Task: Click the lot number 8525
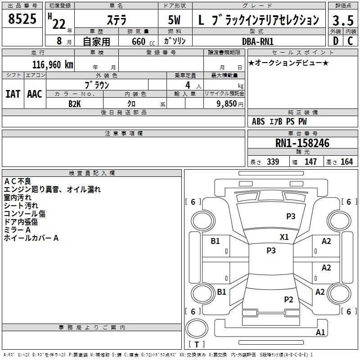22,19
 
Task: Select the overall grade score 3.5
342,20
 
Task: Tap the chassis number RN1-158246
302,144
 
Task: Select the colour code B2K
74,103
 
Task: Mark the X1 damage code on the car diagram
284,237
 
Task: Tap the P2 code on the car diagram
288,299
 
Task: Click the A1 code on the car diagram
320,333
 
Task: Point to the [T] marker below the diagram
197,344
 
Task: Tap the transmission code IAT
12,94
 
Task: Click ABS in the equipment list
258,121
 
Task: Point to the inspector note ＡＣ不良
18,181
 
